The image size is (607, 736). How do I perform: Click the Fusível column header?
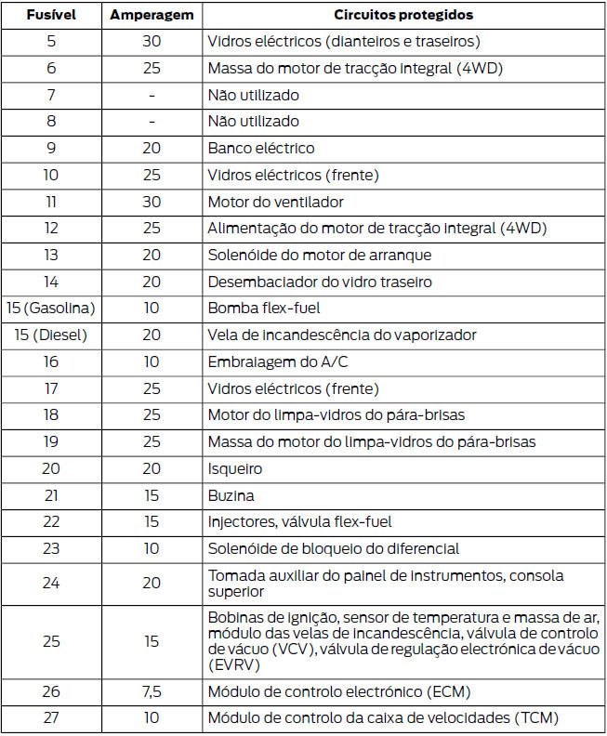click(x=51, y=15)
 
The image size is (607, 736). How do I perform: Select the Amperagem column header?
click(x=152, y=15)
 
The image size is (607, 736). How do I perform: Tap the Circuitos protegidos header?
click(x=403, y=15)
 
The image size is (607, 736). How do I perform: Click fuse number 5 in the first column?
click(x=51, y=42)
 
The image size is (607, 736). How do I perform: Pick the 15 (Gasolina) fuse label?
click(x=51, y=309)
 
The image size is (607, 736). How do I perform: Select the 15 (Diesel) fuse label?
click(x=51, y=335)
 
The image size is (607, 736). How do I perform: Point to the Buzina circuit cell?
click(x=231, y=496)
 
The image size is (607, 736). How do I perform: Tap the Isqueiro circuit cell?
click(x=235, y=469)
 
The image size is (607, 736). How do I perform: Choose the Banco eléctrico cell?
click(x=261, y=149)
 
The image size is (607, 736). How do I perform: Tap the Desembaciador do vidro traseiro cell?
click(x=320, y=282)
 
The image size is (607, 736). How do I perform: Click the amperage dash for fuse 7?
click(x=152, y=96)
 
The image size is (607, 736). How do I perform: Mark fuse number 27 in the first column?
click(x=51, y=717)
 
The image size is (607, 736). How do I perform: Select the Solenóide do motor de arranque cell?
click(x=319, y=256)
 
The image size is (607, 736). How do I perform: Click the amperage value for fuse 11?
click(x=152, y=202)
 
